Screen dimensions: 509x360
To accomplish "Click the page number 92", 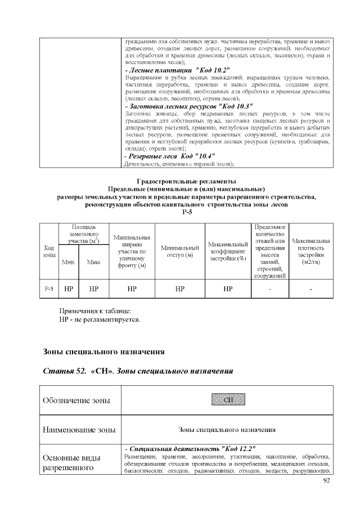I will (x=326, y=481).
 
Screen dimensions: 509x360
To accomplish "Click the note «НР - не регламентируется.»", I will (x=100, y=319).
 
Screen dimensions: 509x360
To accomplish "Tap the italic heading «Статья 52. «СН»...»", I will (x=138, y=372).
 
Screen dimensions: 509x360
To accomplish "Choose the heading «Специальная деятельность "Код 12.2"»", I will (x=190, y=448).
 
